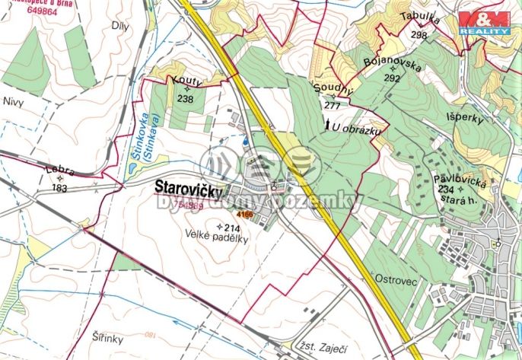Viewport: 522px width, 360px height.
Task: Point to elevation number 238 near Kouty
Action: coord(185,99)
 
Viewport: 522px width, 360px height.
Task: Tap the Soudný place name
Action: coord(333,91)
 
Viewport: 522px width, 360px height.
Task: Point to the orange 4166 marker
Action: coord(244,215)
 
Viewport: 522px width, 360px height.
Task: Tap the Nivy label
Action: coord(14,100)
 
